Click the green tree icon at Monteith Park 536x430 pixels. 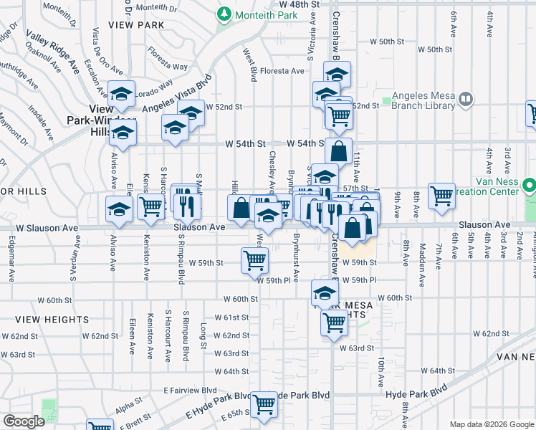[224, 14]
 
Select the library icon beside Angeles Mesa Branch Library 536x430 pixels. [466, 98]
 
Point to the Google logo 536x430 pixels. [24, 421]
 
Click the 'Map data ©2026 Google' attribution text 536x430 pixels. [491, 424]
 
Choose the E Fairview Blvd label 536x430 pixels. [190, 390]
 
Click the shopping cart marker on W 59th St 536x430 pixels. [255, 261]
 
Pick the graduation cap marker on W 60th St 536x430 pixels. [325, 292]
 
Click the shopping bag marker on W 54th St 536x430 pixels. [338, 151]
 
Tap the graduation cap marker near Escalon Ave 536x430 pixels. [122, 93]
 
